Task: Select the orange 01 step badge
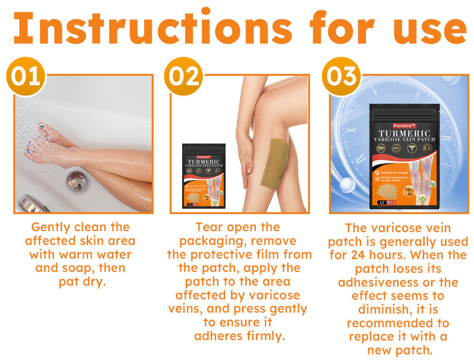tap(26, 76)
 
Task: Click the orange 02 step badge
tap(183, 76)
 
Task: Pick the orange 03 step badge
tap(341, 76)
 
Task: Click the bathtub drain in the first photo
tap(77, 180)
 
